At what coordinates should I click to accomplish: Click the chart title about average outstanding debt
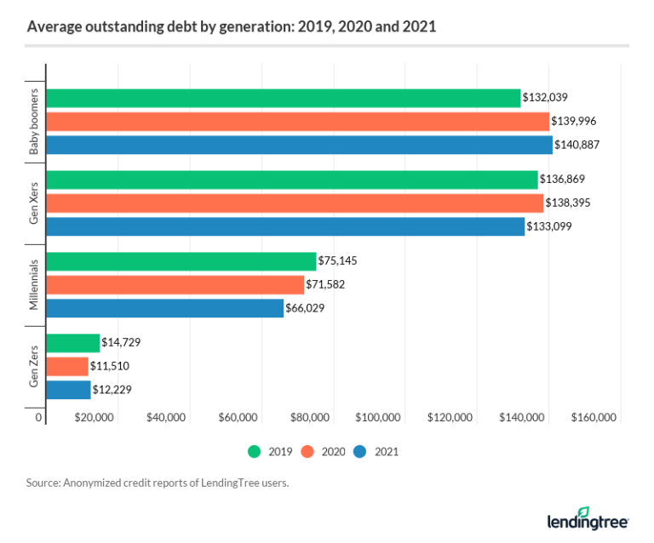(232, 26)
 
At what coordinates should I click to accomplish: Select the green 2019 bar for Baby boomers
(283, 98)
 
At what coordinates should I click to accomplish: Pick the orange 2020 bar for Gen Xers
(294, 203)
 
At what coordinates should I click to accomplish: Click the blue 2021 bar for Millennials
(164, 308)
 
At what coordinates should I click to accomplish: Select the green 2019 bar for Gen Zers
(72, 342)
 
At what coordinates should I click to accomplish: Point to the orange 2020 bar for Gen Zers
(66, 366)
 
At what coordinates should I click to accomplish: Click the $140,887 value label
(577, 145)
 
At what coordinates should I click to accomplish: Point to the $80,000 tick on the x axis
(310, 417)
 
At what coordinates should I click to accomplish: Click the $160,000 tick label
(594, 417)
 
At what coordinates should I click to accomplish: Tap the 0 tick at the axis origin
(38, 417)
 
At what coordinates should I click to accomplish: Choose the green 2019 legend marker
(254, 452)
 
